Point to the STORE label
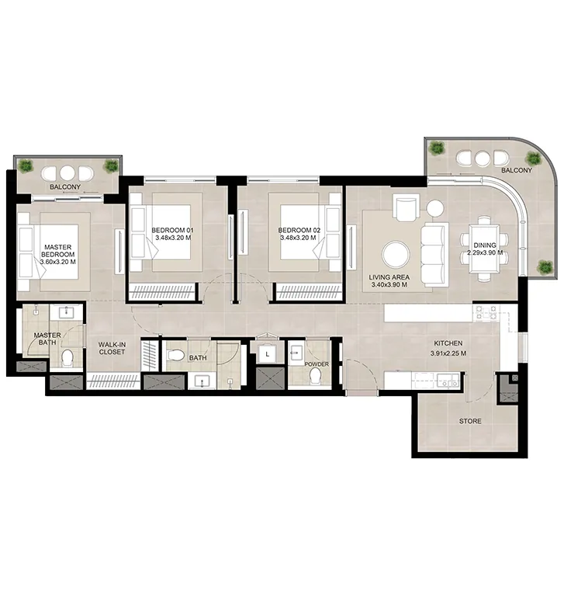click(470, 422)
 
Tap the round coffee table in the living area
click(396, 254)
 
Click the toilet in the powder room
click(316, 376)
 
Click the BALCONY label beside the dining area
click(517, 169)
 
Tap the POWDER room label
click(316, 363)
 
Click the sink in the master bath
click(65, 314)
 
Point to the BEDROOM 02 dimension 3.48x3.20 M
click(299, 238)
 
